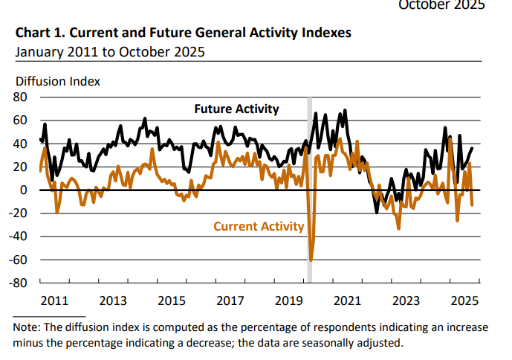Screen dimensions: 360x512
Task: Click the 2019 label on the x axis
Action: (289, 301)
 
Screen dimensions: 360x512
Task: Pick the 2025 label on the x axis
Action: (464, 301)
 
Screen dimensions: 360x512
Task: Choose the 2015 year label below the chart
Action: (172, 301)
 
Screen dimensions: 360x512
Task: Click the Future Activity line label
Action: (236, 109)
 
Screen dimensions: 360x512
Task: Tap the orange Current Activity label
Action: (259, 226)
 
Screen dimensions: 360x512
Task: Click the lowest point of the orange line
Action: (311, 260)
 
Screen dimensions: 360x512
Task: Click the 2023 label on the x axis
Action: (406, 301)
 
